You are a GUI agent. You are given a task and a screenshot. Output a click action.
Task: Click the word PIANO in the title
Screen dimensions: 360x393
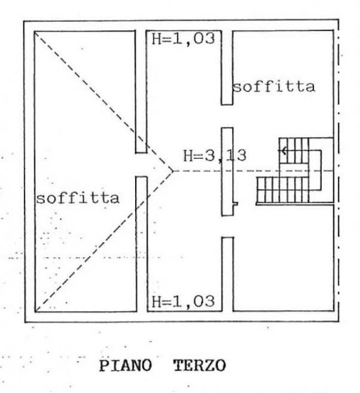(x=125, y=366)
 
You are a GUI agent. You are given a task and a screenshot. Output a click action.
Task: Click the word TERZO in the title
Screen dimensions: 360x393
(x=200, y=366)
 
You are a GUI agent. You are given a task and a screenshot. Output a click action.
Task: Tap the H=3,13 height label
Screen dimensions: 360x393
(x=215, y=156)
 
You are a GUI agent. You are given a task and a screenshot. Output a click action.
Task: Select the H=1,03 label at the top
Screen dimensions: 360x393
(x=183, y=39)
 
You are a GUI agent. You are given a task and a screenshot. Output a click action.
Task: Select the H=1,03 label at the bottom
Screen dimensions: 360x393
(x=183, y=301)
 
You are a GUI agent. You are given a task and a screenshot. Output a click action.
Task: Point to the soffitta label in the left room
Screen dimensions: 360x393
(x=78, y=198)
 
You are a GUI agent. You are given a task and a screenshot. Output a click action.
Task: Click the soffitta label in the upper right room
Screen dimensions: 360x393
(x=274, y=86)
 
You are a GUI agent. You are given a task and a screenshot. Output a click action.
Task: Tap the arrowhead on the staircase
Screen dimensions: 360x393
(x=284, y=151)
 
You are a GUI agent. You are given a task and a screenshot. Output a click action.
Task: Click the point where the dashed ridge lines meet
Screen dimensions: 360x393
(x=173, y=171)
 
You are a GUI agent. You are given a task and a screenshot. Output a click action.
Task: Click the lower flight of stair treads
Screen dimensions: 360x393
(x=282, y=190)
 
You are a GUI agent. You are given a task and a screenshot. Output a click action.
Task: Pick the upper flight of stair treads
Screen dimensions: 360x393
(x=294, y=151)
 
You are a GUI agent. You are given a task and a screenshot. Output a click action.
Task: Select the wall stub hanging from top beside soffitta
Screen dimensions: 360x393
(x=227, y=68)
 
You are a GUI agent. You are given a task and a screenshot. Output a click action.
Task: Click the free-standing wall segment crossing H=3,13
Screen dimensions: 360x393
(x=227, y=172)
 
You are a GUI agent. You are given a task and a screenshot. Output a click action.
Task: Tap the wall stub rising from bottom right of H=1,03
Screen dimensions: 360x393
(x=228, y=274)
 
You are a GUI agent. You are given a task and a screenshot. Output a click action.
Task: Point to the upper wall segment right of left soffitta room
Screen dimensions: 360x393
(x=141, y=92)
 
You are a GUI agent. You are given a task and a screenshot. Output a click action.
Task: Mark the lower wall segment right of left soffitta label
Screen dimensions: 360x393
(x=142, y=244)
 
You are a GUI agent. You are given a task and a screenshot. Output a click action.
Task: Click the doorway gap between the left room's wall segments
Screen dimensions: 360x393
(x=141, y=165)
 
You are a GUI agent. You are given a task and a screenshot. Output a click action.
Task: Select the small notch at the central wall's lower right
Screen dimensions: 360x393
(x=235, y=204)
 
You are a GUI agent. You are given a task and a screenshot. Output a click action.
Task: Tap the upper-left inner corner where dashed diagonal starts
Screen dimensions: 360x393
(x=35, y=32)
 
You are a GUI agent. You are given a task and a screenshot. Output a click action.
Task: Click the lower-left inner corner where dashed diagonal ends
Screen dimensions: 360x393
(x=35, y=312)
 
